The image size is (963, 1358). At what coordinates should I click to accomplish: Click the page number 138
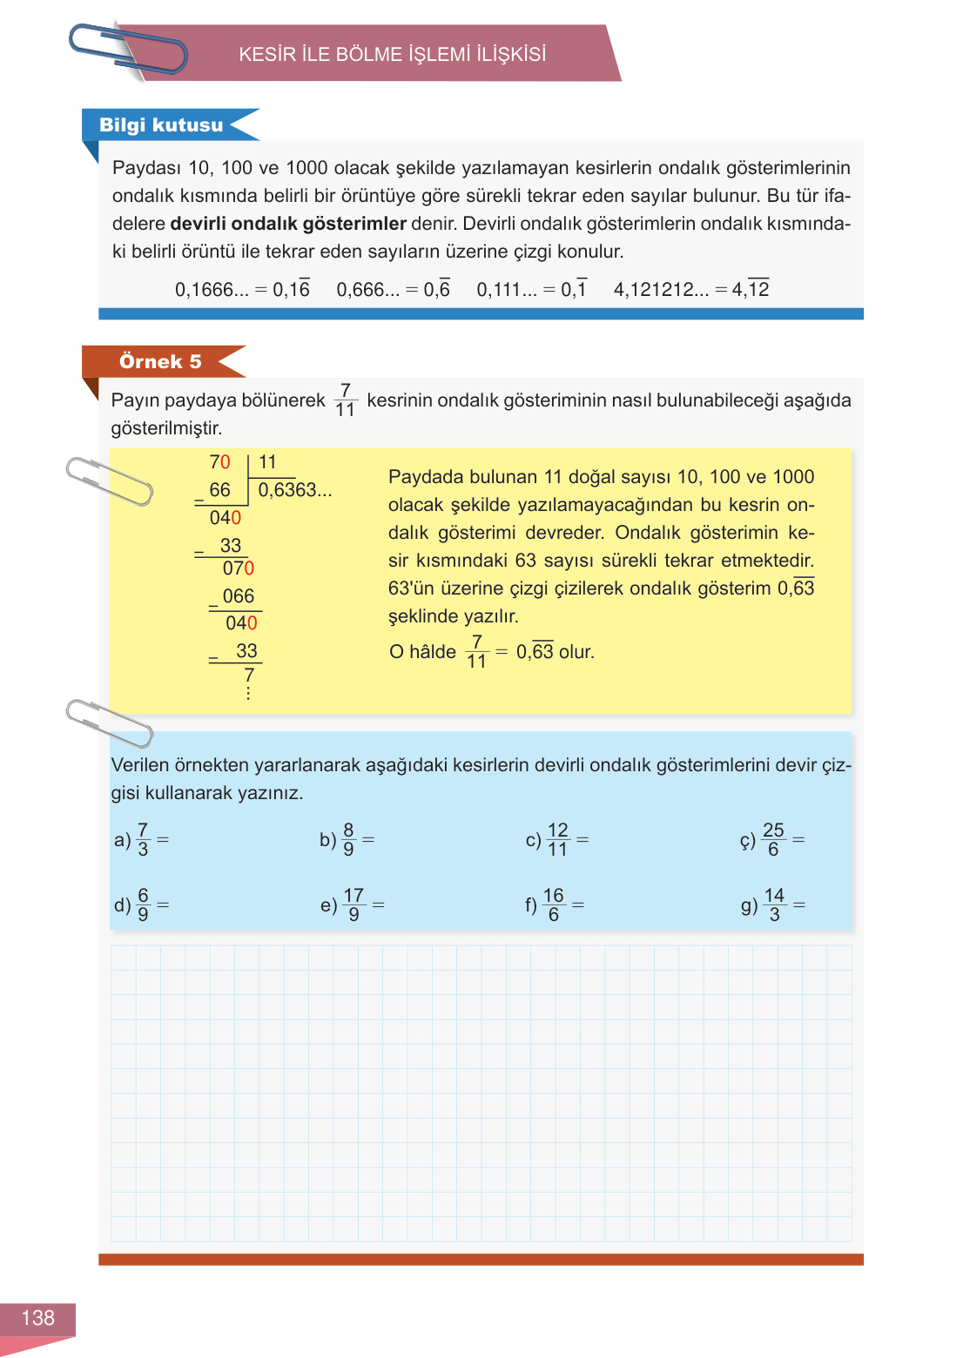37,1318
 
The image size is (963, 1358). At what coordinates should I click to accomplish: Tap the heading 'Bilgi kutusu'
161,125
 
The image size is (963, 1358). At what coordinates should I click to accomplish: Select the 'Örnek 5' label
160,361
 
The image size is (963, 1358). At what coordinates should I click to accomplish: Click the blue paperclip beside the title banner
128,50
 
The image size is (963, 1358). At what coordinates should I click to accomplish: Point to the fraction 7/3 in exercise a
143,840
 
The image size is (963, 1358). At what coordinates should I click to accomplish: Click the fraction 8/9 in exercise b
348,840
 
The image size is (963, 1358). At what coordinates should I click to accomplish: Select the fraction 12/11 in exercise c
557,840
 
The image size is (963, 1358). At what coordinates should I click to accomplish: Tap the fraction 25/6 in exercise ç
773,840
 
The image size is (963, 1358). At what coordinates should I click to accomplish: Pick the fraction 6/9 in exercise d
143,905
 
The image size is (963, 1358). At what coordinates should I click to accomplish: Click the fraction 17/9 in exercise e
354,905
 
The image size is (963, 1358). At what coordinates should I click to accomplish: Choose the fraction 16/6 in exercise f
554,905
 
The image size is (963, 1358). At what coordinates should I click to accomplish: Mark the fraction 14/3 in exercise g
774,905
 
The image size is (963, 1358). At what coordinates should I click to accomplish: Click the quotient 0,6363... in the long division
294,490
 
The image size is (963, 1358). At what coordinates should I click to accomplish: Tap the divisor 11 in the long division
267,462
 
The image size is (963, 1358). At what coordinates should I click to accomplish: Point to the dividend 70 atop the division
219,462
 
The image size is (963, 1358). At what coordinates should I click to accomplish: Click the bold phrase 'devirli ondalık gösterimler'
288,224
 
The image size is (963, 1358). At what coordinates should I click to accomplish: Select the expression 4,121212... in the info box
661,290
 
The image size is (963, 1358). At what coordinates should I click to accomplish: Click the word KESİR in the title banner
267,55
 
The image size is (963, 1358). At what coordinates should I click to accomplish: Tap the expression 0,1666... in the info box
212,290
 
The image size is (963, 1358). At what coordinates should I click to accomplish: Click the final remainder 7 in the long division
249,676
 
